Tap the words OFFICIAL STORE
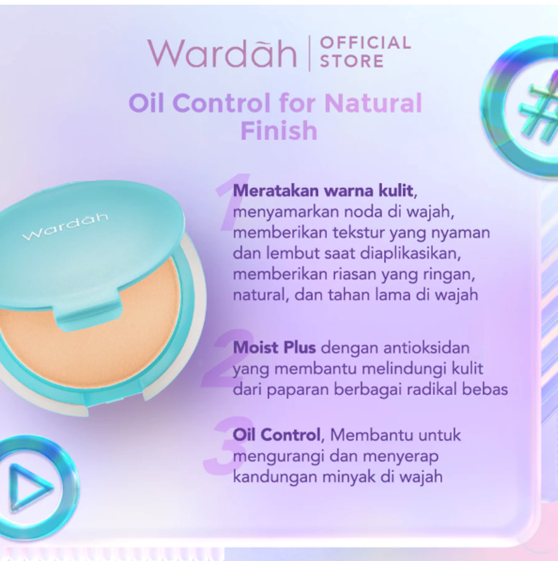pyautogui.click(x=364, y=52)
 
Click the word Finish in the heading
pyautogui.click(x=279, y=130)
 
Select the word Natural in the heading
pyautogui.click(x=373, y=104)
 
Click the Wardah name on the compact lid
pyautogui.click(x=65, y=227)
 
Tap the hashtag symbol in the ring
pyautogui.click(x=538, y=107)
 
